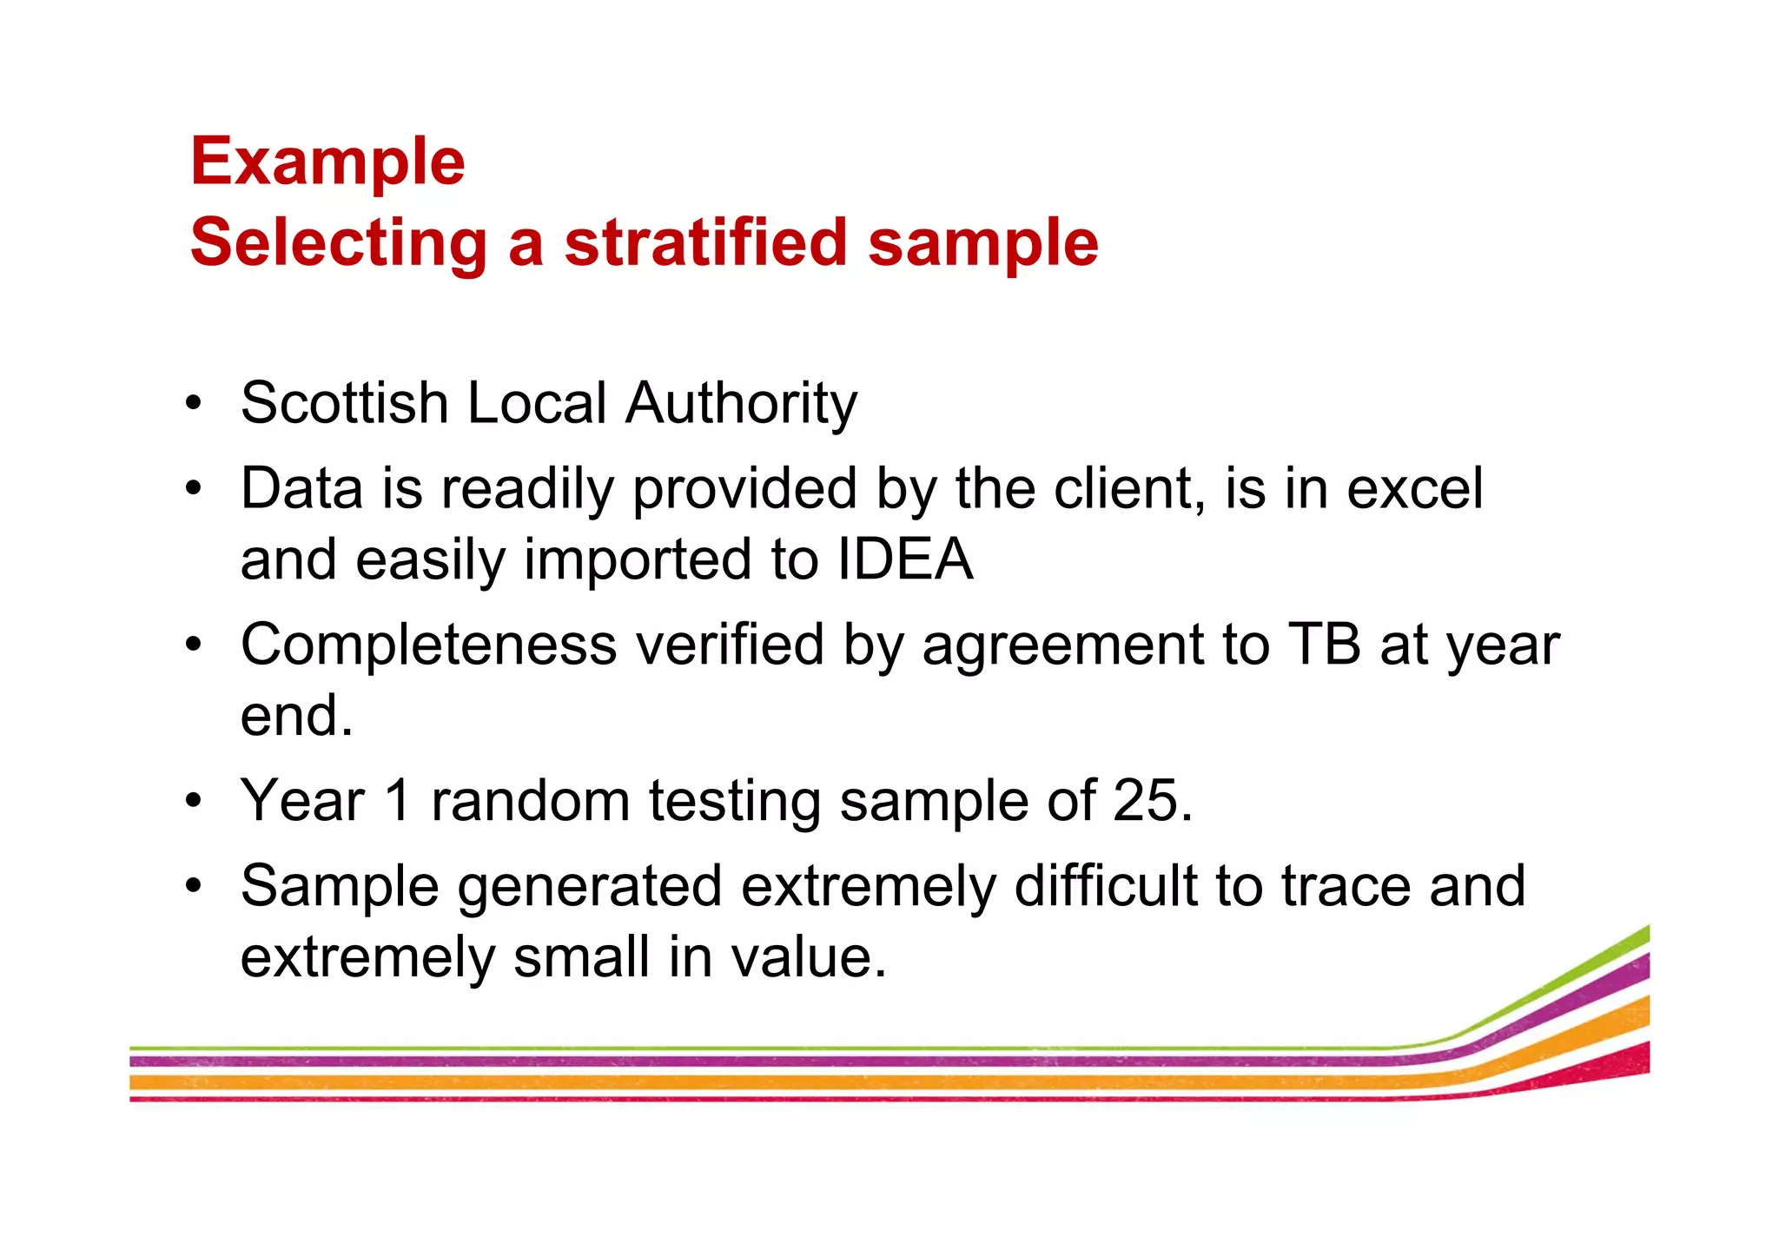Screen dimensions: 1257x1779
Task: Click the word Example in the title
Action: tap(327, 162)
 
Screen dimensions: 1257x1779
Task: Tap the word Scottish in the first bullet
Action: tap(344, 403)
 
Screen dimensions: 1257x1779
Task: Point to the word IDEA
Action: tap(904, 559)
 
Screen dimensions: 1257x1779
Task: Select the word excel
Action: tap(1414, 489)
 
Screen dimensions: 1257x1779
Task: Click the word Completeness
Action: tap(429, 645)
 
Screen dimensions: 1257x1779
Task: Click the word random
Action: tap(530, 800)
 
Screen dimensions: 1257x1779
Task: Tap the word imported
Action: tap(638, 560)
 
